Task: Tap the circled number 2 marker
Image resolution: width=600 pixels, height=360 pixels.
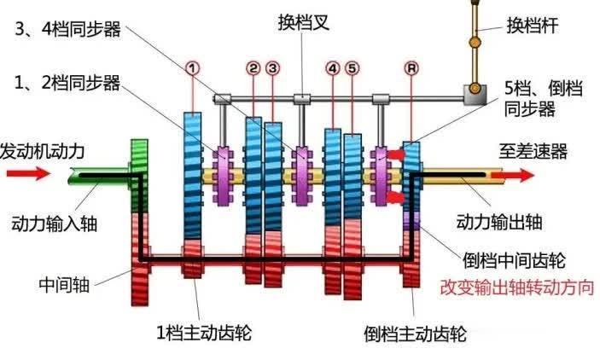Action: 253,67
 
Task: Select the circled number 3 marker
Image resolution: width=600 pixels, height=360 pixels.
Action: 272,67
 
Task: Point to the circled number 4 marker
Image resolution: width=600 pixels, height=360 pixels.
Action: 333,67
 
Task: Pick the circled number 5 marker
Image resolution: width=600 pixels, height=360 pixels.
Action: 352,67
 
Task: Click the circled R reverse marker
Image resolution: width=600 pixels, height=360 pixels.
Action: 413,67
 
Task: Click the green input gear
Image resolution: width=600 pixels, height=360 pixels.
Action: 139,175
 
